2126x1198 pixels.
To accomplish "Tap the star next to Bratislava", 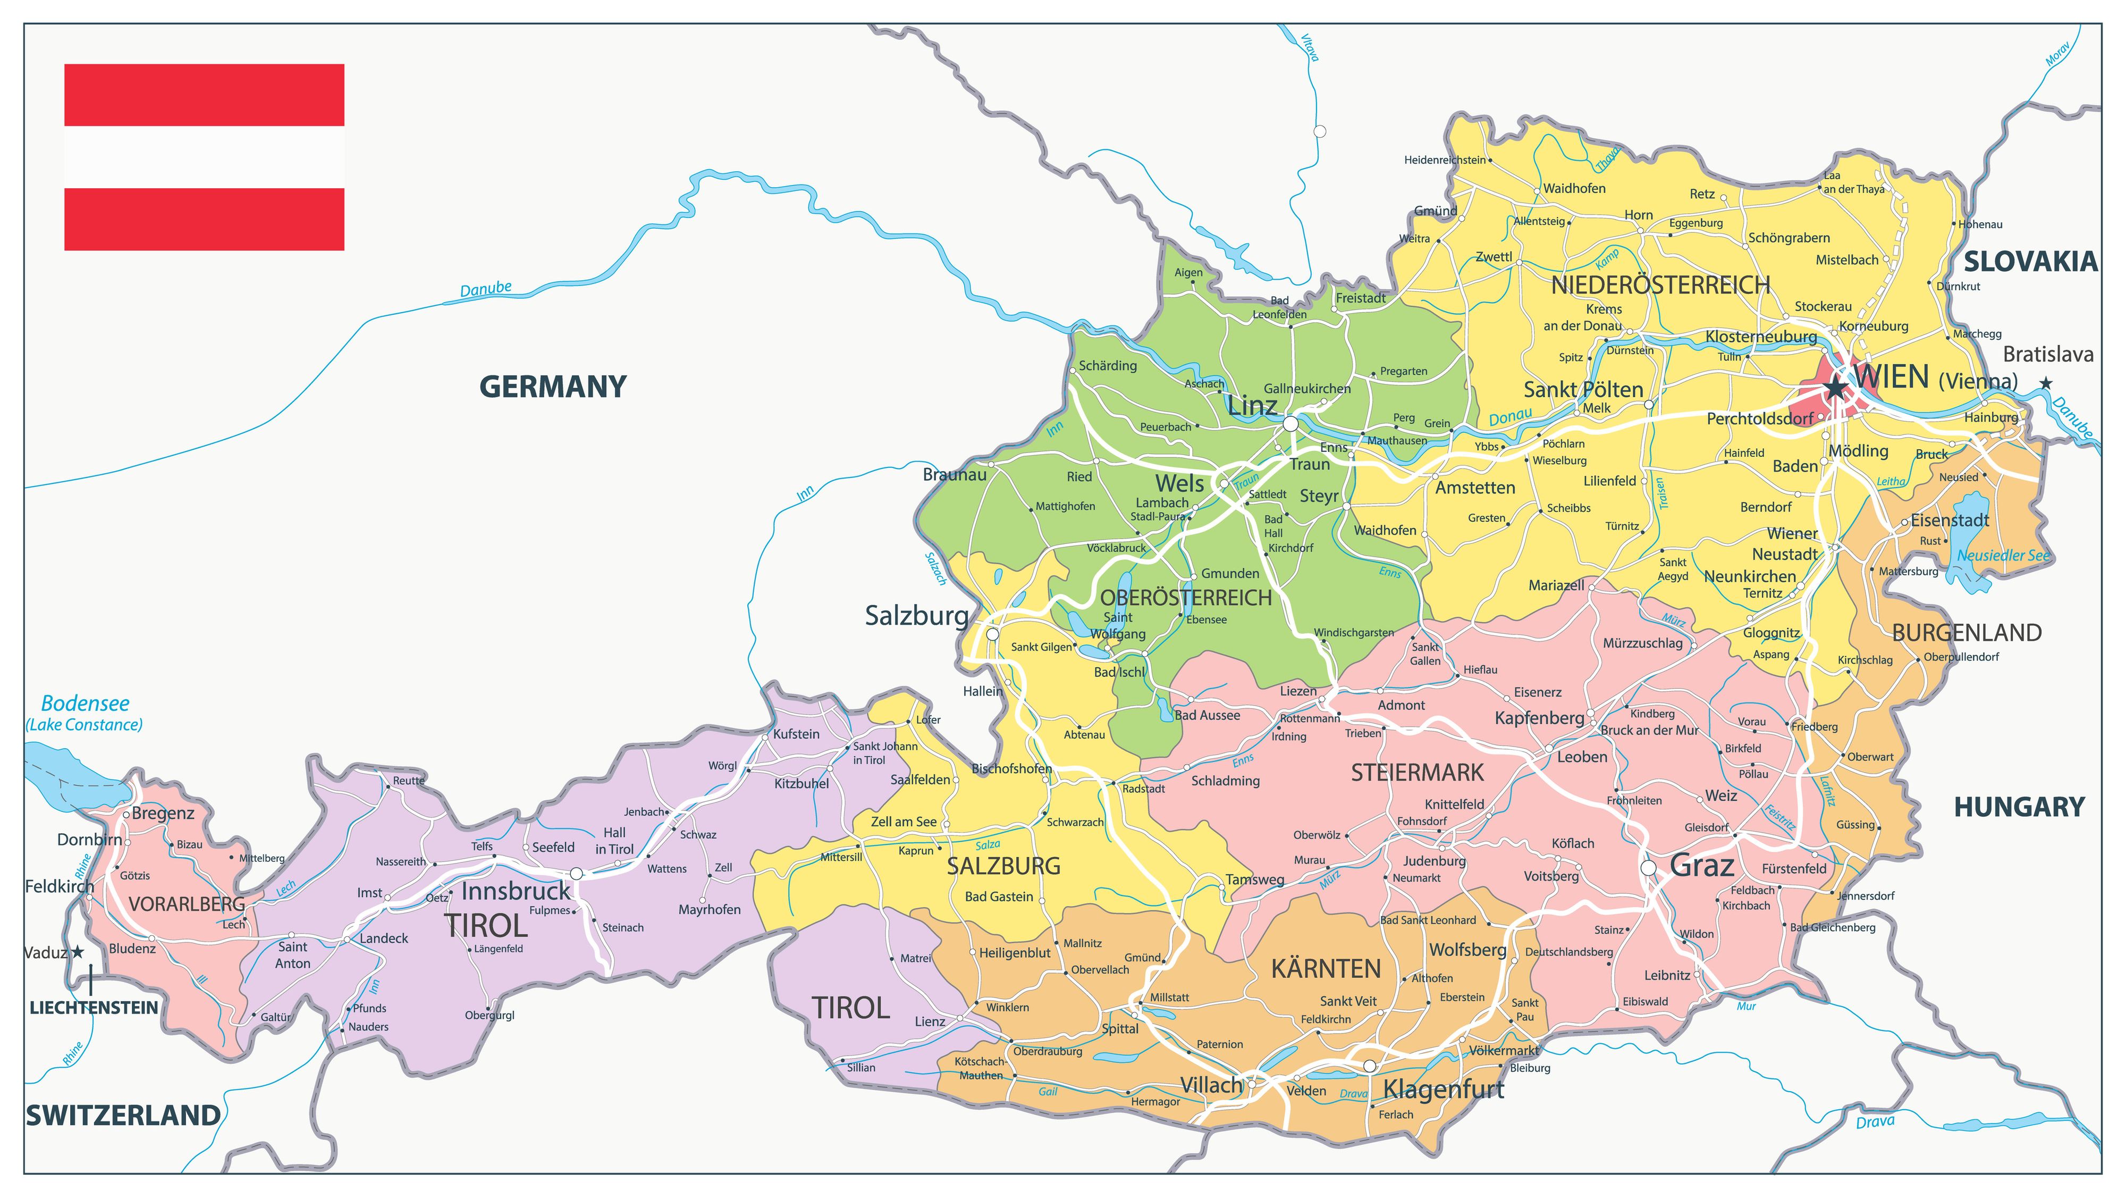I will click(x=2046, y=383).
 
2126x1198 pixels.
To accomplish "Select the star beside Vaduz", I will click(x=78, y=952).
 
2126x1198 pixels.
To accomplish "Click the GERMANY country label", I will click(x=553, y=387).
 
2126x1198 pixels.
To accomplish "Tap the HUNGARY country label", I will click(x=2019, y=807).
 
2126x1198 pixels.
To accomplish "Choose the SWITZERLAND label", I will click(x=124, y=1116).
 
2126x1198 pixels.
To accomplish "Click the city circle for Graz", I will click(x=1648, y=868).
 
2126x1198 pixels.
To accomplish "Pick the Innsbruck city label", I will click(x=515, y=891).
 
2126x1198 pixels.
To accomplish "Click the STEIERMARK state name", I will click(x=1417, y=773).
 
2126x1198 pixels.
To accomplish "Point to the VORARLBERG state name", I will click(x=187, y=904).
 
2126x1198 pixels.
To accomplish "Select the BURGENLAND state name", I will click(x=1967, y=633).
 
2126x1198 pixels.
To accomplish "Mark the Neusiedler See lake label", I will click(x=2003, y=556).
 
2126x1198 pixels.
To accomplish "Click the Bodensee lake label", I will click(x=85, y=703).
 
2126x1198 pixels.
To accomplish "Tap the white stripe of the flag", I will click(x=204, y=157).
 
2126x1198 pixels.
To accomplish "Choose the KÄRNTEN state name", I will click(x=1326, y=968).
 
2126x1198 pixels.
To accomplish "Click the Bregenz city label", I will click(x=163, y=813).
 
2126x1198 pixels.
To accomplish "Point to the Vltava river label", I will click(x=1310, y=47).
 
